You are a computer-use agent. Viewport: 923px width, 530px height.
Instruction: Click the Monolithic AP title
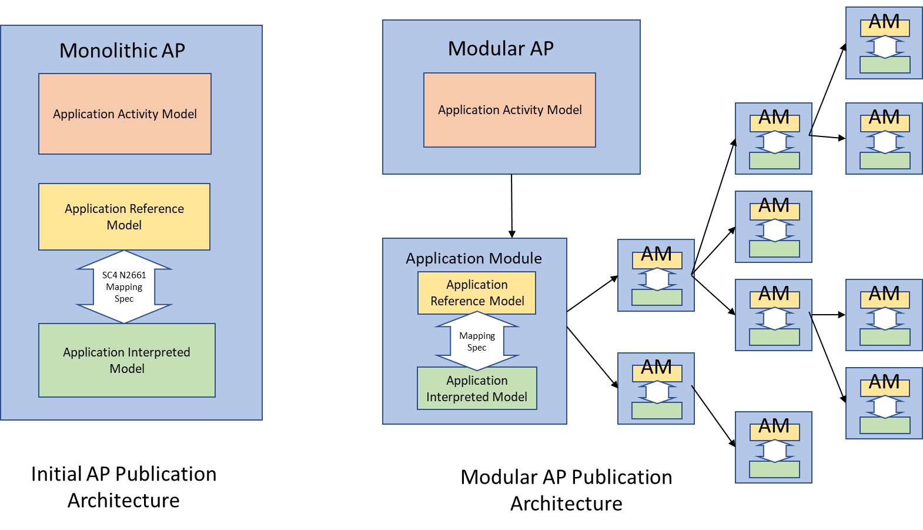[x=122, y=51]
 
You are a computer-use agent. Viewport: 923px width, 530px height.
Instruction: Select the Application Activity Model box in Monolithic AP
[x=125, y=114]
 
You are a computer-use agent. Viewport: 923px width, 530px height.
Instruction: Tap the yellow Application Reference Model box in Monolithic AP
[x=124, y=216]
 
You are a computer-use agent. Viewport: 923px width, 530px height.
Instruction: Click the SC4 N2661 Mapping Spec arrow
[x=124, y=287]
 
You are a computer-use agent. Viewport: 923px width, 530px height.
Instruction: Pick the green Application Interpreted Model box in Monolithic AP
[x=127, y=360]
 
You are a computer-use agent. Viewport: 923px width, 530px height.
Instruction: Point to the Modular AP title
[x=501, y=48]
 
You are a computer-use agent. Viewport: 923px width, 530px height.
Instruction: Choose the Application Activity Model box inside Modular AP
[x=510, y=110]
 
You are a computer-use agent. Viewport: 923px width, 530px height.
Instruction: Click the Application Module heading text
[x=474, y=258]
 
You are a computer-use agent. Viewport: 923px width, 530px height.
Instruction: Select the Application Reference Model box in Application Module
[x=477, y=293]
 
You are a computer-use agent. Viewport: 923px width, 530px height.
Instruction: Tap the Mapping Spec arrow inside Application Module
[x=477, y=341]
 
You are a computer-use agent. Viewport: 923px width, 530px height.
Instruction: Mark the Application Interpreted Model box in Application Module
[x=477, y=388]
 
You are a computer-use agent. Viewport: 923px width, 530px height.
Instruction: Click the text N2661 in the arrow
[x=133, y=275]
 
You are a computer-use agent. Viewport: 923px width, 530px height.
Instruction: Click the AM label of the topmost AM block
[x=884, y=22]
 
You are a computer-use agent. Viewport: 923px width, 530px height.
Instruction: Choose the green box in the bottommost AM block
[x=774, y=469]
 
